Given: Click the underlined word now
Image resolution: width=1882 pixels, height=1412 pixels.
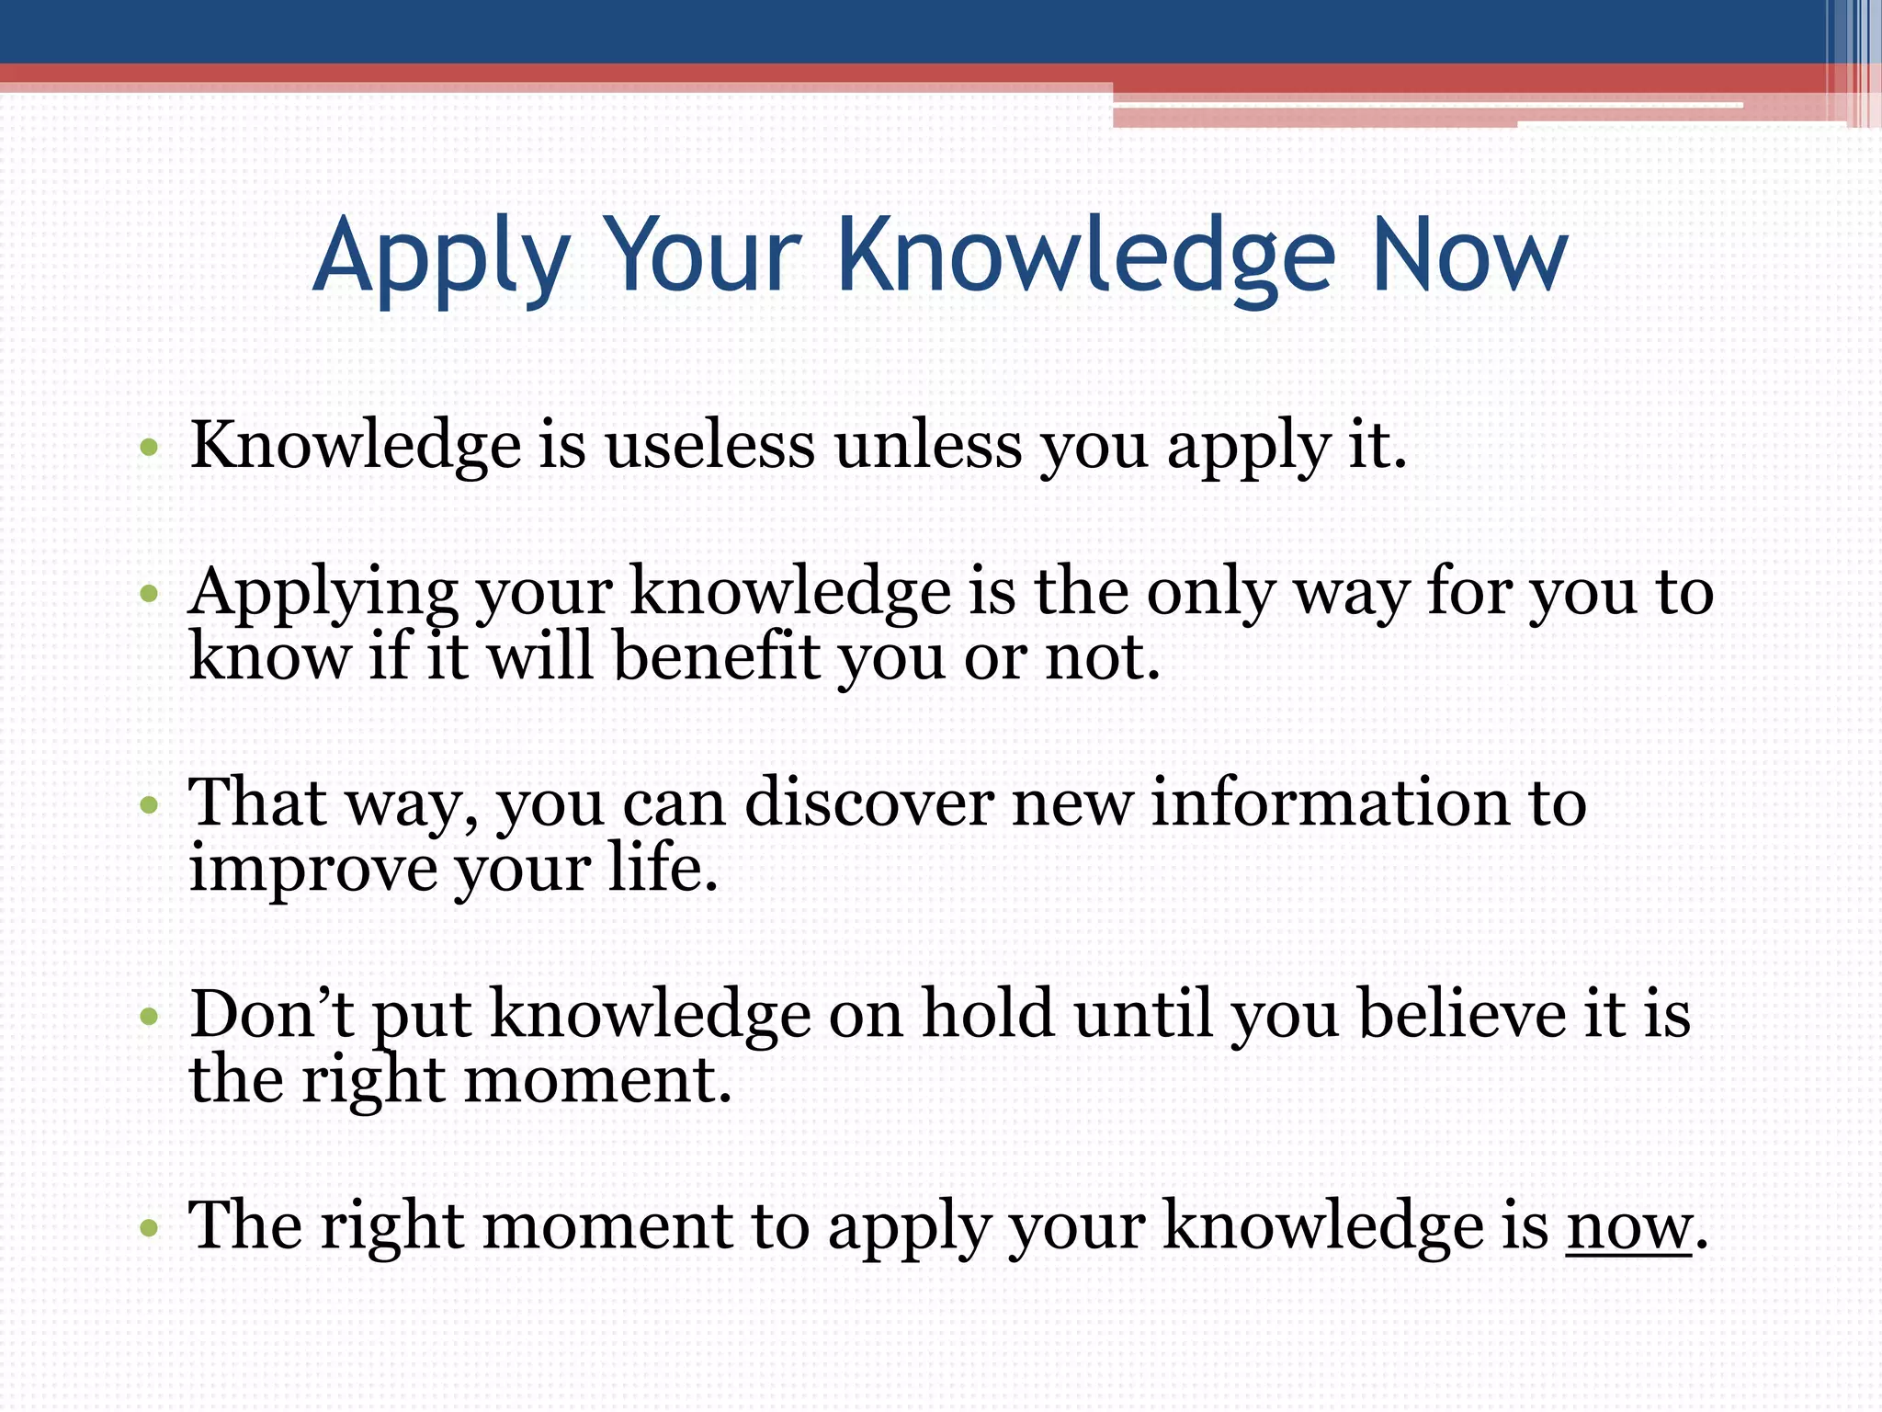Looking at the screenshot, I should click(x=1628, y=1227).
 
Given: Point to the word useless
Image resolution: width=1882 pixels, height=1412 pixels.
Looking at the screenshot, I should click(x=709, y=446).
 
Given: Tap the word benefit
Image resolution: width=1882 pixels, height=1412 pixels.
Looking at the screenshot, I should click(x=716, y=658).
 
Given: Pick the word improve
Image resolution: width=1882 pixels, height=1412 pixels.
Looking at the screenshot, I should click(x=312, y=870).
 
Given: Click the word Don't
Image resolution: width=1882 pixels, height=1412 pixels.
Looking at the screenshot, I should click(x=272, y=1014).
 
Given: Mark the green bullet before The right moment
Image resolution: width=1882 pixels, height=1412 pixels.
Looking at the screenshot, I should click(x=150, y=1228).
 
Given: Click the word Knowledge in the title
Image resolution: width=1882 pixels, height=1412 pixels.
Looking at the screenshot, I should click(x=1084, y=256).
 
